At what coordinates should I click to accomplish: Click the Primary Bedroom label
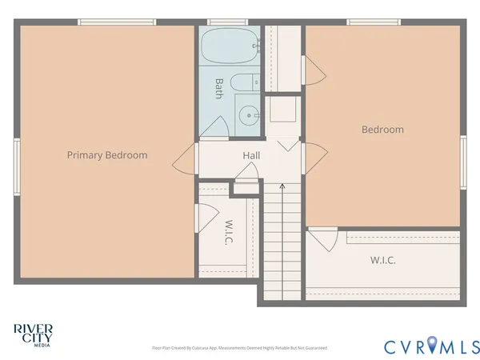coord(106,155)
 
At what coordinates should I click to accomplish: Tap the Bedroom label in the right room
coord(382,130)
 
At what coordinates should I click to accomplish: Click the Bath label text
coord(218,88)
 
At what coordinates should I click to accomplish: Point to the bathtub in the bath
coord(230,47)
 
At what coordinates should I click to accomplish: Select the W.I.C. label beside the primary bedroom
coord(229,232)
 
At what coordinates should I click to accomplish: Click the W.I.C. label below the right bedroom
coord(382,260)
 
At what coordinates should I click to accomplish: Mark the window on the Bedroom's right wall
coord(463,162)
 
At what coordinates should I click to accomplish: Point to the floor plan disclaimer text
coord(239,348)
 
